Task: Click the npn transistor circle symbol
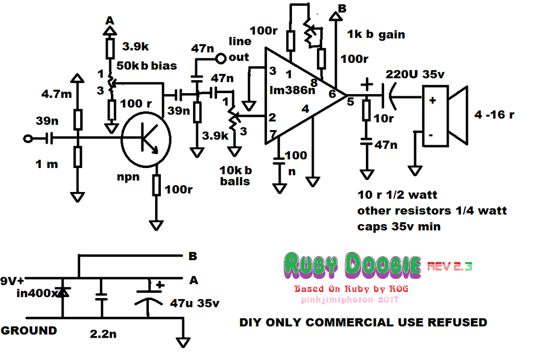click(146, 139)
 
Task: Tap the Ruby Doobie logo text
click(353, 266)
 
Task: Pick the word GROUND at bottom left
click(29, 330)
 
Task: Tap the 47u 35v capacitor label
click(196, 303)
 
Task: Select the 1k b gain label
click(376, 35)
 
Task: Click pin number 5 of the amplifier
click(350, 102)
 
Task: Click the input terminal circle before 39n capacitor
click(28, 138)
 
